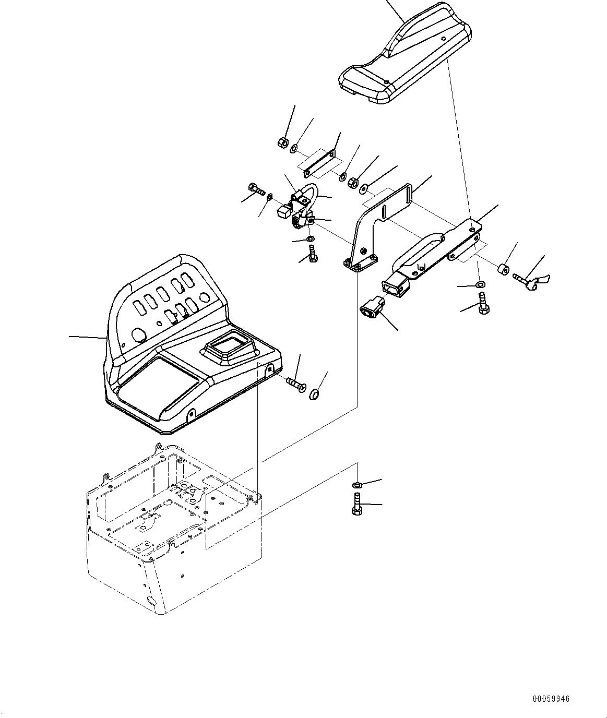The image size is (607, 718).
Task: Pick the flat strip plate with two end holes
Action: pyautogui.click(x=319, y=163)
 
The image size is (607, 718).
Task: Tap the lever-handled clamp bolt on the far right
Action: pyautogui.click(x=529, y=281)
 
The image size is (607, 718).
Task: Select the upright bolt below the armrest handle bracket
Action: pyautogui.click(x=482, y=303)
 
